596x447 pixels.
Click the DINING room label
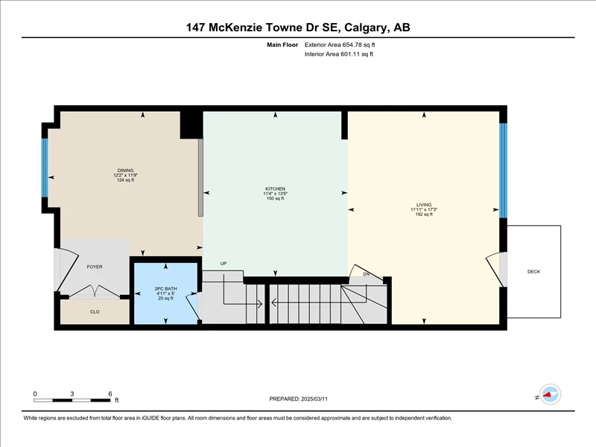click(x=125, y=171)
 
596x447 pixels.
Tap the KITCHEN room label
click(x=275, y=188)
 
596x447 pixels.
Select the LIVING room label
click(x=424, y=204)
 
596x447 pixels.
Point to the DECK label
click(x=533, y=271)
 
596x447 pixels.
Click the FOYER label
click(x=95, y=267)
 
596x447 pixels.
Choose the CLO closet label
click(x=95, y=311)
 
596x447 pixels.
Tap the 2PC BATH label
click(x=165, y=289)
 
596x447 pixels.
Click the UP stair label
click(x=223, y=264)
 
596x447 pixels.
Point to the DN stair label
click(x=366, y=274)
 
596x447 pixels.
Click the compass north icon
click(x=550, y=395)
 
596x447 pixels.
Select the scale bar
click(x=72, y=400)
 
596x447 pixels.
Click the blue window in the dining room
click(x=45, y=168)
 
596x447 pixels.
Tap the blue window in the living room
click(x=503, y=171)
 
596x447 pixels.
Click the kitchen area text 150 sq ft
click(x=275, y=198)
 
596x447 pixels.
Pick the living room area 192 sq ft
click(x=424, y=215)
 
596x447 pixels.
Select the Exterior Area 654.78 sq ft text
click(x=340, y=45)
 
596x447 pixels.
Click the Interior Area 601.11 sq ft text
click(x=339, y=54)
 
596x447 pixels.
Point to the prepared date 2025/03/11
click(x=314, y=399)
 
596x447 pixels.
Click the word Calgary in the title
click(x=367, y=28)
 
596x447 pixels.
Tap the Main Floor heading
click(x=282, y=45)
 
